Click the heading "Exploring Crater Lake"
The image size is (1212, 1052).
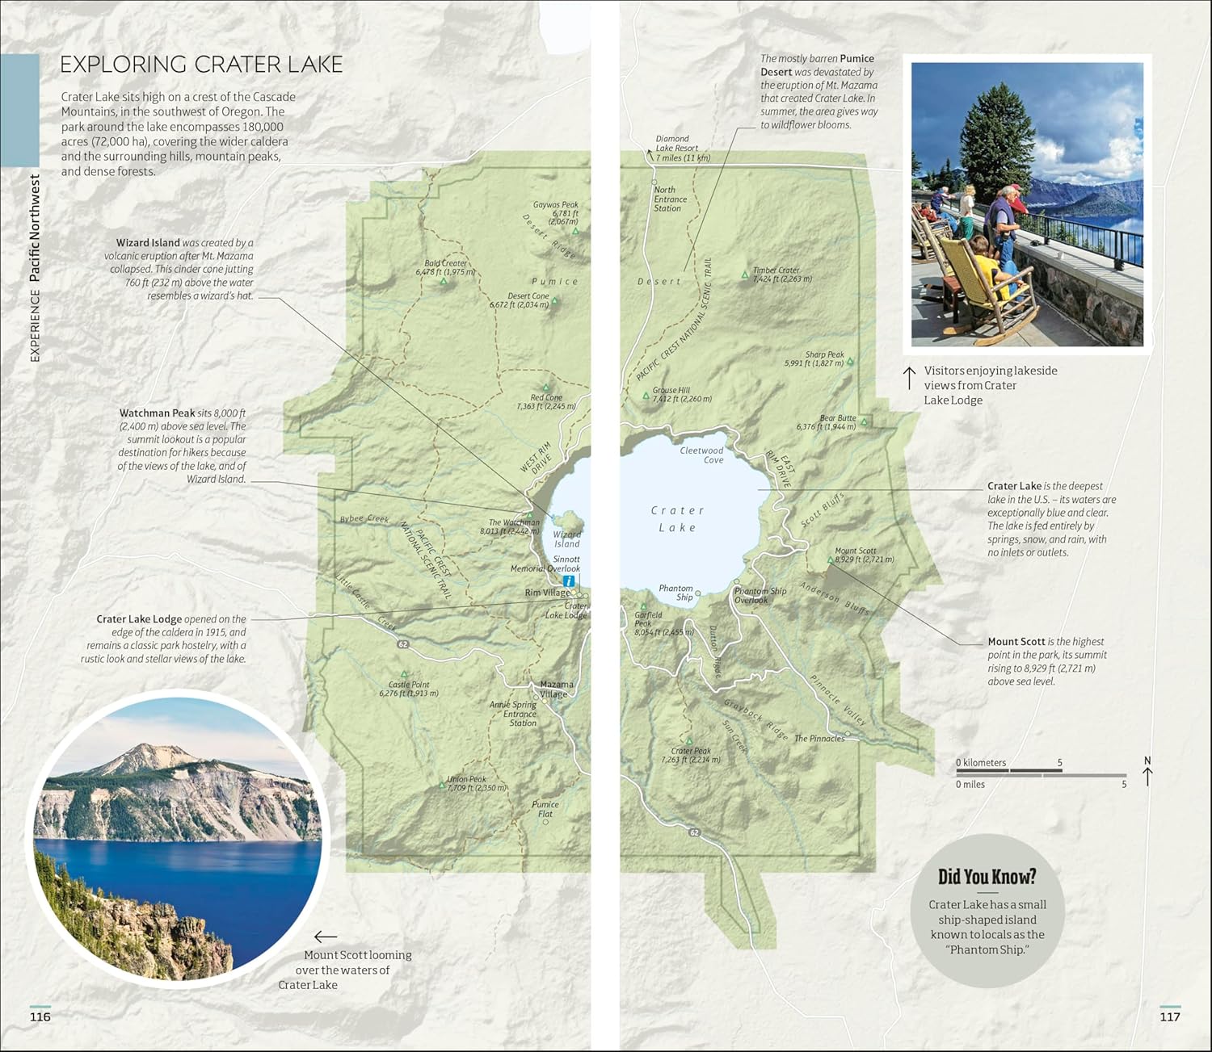coord(202,65)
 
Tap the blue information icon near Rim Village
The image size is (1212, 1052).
coord(569,580)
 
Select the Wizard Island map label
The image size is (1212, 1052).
coord(566,539)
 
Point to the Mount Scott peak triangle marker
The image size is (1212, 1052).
coord(830,560)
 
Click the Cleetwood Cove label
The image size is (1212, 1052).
coord(701,455)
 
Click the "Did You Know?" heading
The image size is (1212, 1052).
coord(987,877)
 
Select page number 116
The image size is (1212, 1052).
coord(40,1016)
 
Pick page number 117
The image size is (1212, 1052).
coord(1169,1016)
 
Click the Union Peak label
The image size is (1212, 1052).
coord(468,780)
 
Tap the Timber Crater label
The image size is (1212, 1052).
coord(776,270)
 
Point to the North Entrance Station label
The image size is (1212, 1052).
coord(671,199)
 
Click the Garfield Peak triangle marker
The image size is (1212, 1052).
coord(644,606)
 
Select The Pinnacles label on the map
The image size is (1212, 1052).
coord(819,739)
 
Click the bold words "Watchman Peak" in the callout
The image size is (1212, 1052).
coord(158,413)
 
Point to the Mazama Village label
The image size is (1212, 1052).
coord(556,689)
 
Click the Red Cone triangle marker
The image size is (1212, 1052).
coord(545,388)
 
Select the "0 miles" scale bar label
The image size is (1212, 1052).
coord(970,784)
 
